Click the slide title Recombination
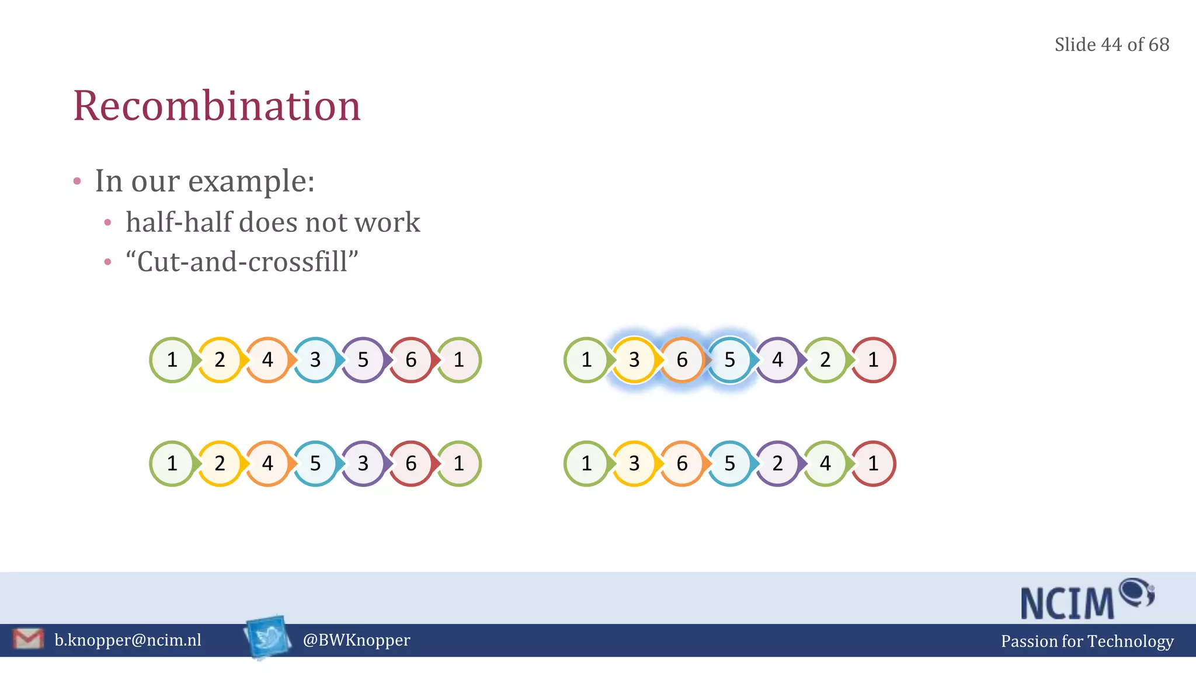[x=217, y=106]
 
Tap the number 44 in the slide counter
[x=1111, y=44]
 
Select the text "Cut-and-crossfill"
[x=242, y=261]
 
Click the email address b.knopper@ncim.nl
[x=127, y=640]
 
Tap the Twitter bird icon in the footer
[x=268, y=637]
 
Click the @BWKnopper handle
[x=356, y=640]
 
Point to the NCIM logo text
[x=1068, y=603]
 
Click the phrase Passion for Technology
[x=1087, y=641]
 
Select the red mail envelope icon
[x=28, y=639]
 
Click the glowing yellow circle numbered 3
[x=634, y=360]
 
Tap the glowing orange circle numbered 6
[x=682, y=360]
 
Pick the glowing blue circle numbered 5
[x=730, y=360]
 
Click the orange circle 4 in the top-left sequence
[x=267, y=360]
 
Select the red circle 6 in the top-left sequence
[x=411, y=360]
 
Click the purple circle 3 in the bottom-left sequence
[x=363, y=463]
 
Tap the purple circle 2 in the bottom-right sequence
[x=777, y=463]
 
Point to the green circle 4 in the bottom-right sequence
[x=825, y=463]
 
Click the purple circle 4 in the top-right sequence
[x=777, y=360]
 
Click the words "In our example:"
[x=205, y=181]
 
